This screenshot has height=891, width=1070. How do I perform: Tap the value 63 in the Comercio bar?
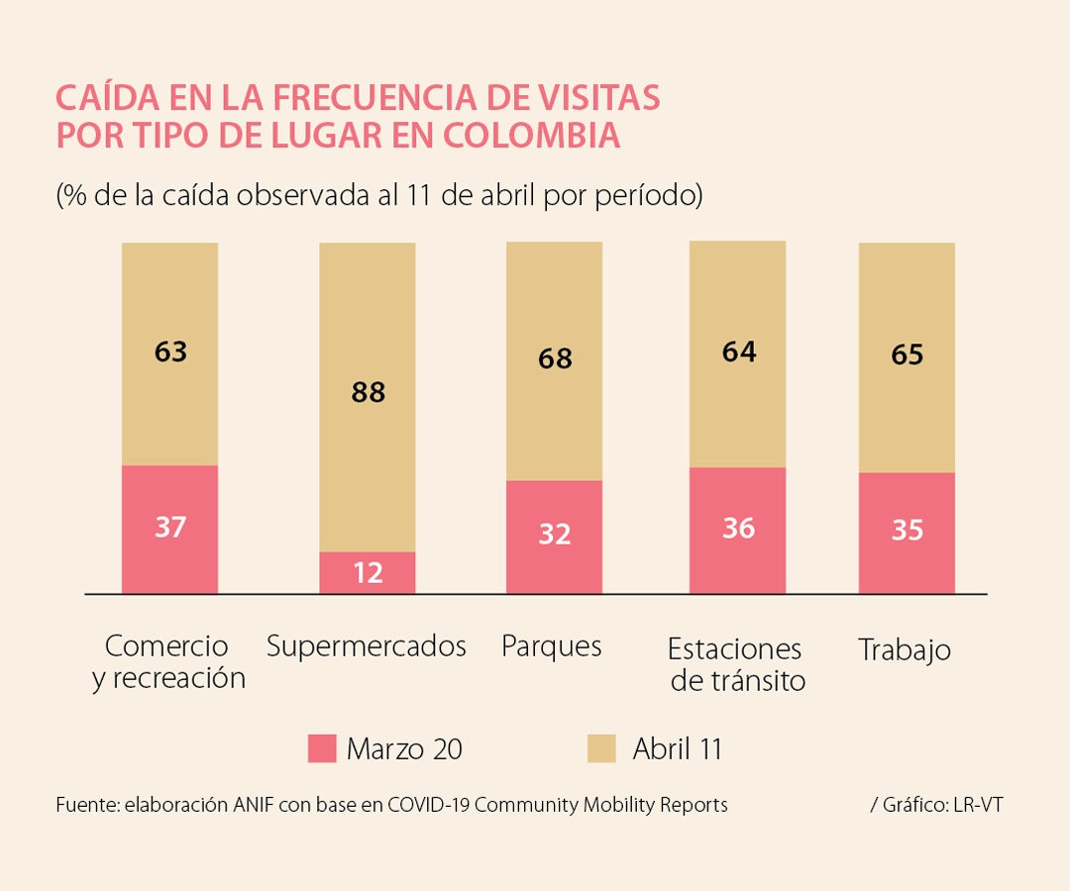click(x=170, y=351)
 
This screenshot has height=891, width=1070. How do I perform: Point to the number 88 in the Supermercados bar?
click(x=368, y=393)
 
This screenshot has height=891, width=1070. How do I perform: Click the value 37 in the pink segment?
click(x=170, y=527)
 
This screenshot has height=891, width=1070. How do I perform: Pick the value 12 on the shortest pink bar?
click(x=368, y=572)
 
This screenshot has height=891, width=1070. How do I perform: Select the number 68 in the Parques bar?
click(x=555, y=358)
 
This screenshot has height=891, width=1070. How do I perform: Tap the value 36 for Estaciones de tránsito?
click(x=738, y=529)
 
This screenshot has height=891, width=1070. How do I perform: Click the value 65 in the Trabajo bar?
click(x=907, y=354)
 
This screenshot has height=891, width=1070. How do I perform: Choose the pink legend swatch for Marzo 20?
click(x=322, y=748)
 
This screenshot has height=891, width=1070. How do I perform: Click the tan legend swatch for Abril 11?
click(x=601, y=748)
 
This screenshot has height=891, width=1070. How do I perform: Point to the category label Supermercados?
click(x=367, y=646)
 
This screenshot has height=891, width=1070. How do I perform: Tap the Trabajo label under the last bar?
click(x=905, y=649)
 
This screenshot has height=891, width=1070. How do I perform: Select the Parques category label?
click(x=552, y=646)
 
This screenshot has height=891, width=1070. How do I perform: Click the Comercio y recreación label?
click(x=169, y=662)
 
